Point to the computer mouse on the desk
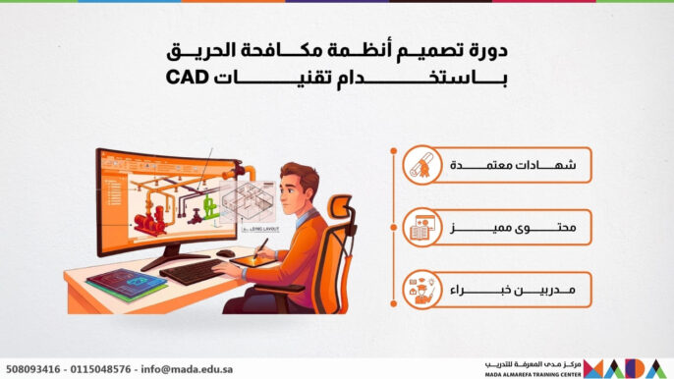coord(227,253)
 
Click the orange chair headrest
coord(339,207)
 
